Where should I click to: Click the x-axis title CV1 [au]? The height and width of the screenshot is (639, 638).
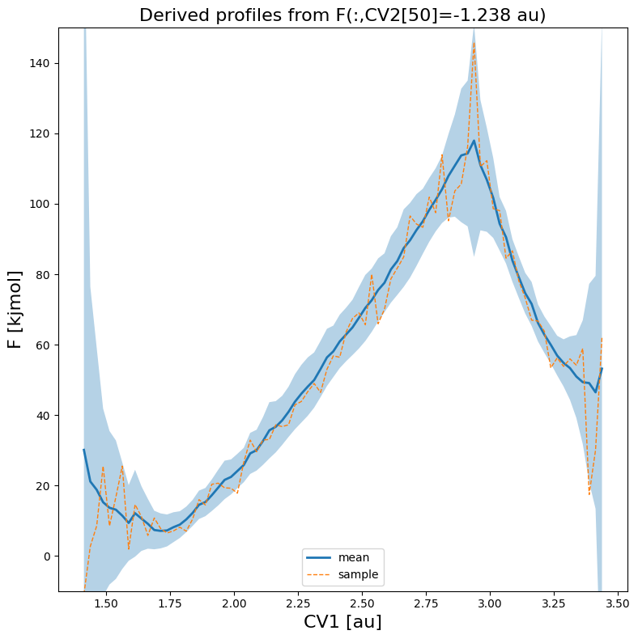(342, 621)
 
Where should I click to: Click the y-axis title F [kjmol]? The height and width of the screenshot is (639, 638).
(15, 310)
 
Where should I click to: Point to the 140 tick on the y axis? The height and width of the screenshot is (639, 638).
(40, 63)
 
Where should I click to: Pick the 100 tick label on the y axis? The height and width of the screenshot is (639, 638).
(40, 204)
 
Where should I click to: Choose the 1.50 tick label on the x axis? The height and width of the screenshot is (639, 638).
(106, 603)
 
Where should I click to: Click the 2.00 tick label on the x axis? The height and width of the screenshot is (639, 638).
(234, 603)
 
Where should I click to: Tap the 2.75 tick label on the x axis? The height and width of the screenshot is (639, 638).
(426, 603)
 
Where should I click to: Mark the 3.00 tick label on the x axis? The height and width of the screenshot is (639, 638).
(490, 603)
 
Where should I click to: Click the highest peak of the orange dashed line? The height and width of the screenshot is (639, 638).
(474, 44)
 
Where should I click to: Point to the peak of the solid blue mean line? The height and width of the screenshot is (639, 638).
(474, 142)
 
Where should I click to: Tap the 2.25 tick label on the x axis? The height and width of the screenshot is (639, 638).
(298, 603)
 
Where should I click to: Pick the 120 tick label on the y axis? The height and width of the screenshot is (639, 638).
(40, 133)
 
